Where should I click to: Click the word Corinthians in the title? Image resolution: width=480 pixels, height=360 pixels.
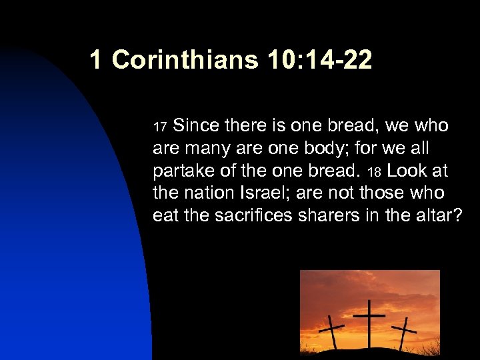click(185, 61)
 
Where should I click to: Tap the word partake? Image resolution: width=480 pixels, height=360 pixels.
click(180, 171)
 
